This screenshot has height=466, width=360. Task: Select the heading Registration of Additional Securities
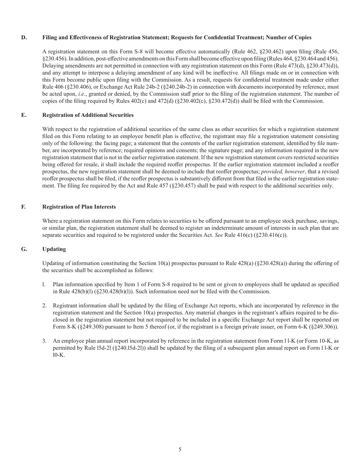point(88,115)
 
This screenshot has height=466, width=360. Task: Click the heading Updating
point(54,249)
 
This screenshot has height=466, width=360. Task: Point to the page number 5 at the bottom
point(180,450)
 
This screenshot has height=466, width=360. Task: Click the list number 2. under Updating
point(44,306)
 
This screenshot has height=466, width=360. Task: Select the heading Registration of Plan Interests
point(79,207)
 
